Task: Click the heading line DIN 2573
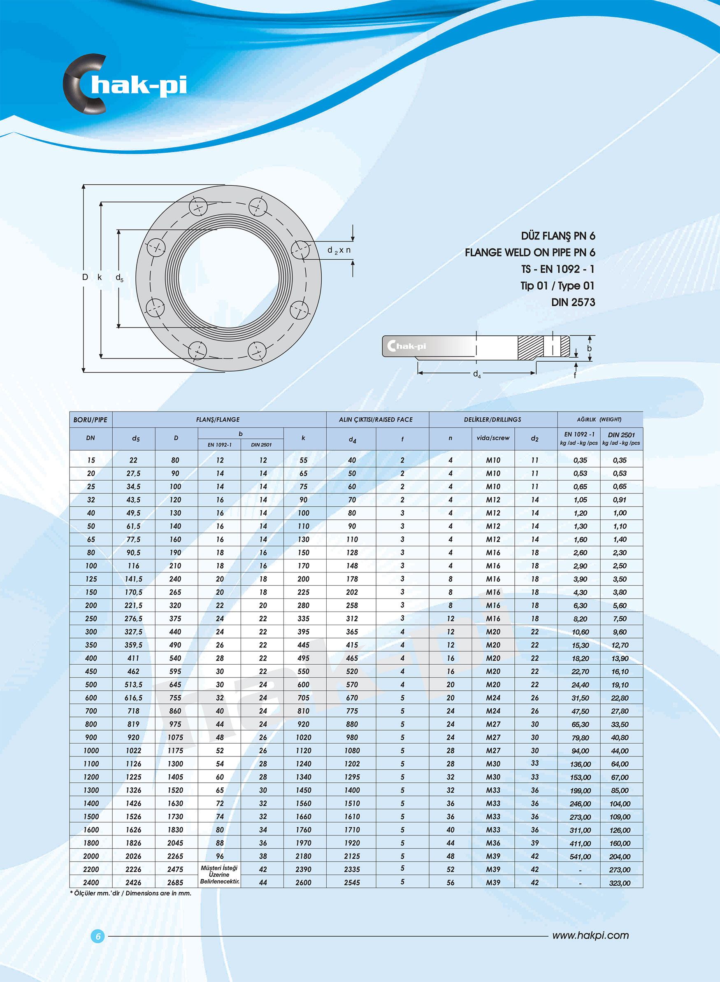point(573,302)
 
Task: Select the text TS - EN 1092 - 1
point(557,269)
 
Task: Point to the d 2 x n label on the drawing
point(339,250)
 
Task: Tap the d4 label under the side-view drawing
point(477,374)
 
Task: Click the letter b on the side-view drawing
point(589,348)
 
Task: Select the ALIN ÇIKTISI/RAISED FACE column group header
point(376,419)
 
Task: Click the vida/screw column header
point(493,438)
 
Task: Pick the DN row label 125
point(91,579)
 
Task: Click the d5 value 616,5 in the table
point(133,698)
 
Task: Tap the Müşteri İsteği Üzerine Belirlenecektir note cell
point(219,875)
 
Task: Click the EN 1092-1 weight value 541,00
point(580,856)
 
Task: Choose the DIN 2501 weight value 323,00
point(620,883)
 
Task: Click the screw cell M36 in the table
point(493,843)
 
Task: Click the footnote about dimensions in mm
point(131,893)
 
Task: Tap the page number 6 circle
point(98,936)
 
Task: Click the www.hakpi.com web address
point(590,935)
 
